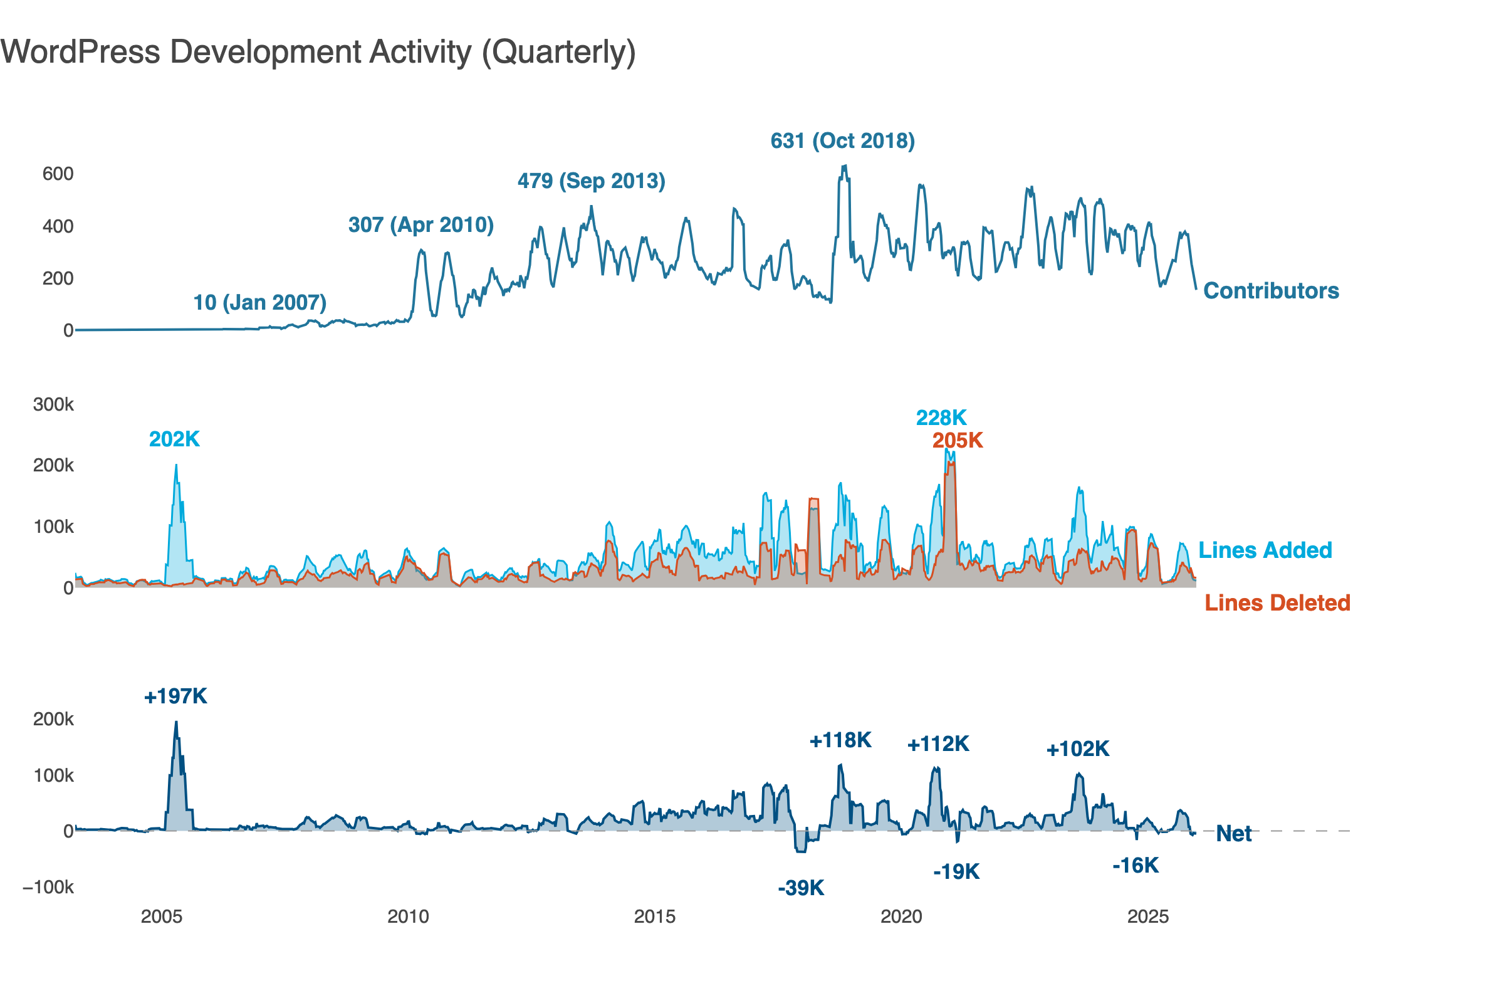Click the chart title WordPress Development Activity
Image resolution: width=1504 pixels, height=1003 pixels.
(x=318, y=53)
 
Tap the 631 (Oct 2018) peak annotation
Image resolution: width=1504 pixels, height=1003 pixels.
(x=842, y=140)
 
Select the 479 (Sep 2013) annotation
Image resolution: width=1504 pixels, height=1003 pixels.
(x=591, y=181)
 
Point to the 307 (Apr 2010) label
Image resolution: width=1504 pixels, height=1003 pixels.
(x=420, y=225)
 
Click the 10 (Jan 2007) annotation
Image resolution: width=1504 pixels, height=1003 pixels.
(x=259, y=303)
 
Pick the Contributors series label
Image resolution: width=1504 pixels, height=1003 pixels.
(x=1271, y=291)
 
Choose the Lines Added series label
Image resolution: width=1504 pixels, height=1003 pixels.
(x=1264, y=550)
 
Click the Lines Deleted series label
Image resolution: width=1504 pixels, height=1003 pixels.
(x=1277, y=603)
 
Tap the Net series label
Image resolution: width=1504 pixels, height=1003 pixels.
(x=1233, y=834)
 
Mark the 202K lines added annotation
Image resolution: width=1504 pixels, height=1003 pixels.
(x=174, y=439)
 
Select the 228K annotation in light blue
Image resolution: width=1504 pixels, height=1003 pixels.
(x=941, y=417)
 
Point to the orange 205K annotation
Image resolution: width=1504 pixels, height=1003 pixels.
(x=958, y=441)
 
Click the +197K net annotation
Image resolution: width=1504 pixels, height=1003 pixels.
(x=175, y=696)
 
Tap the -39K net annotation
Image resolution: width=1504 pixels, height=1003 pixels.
(x=801, y=888)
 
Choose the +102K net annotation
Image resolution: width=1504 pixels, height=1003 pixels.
(x=1077, y=749)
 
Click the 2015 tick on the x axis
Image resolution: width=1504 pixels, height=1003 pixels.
(x=654, y=916)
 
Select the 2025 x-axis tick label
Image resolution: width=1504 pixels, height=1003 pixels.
(x=1147, y=916)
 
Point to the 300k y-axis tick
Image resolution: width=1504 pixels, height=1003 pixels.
(x=53, y=405)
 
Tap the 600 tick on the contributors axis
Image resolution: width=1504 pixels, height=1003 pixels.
(x=58, y=174)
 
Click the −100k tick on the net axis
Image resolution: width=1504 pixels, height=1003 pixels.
(x=49, y=887)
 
